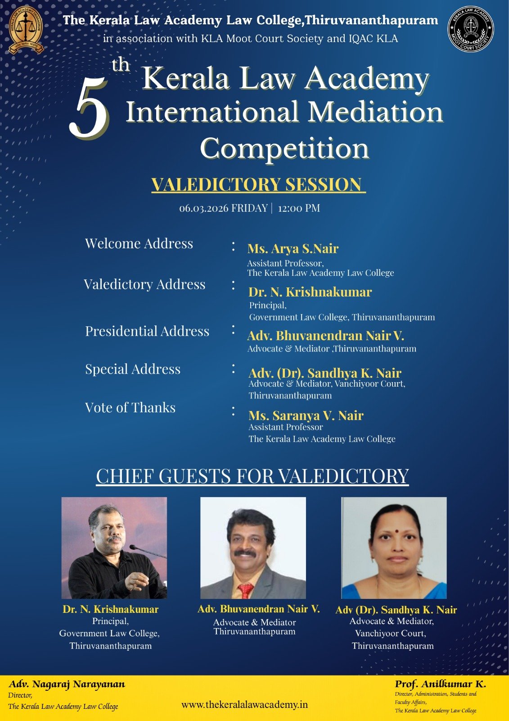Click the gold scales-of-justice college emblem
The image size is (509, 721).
(26, 30)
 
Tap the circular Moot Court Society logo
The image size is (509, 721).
(471, 29)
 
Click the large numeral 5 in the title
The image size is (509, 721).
(89, 108)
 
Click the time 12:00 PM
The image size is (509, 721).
(299, 208)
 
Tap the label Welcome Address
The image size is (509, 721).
(139, 243)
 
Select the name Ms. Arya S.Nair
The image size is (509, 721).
(293, 248)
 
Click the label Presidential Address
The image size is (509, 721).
(147, 331)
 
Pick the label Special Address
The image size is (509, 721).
(133, 369)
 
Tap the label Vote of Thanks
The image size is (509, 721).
(130, 407)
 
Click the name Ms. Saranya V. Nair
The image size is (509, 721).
(306, 415)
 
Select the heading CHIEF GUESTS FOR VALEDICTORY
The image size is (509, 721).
(252, 476)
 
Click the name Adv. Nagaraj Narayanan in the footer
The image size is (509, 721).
(67, 684)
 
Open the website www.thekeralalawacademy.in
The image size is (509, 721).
(244, 705)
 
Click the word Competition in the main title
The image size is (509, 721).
(284, 148)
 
